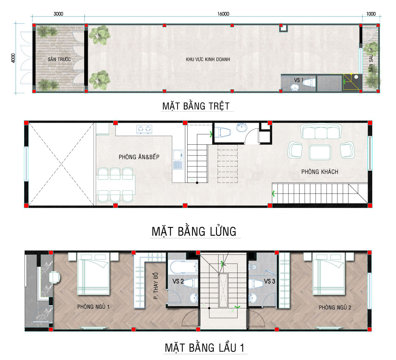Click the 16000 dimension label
[223, 14]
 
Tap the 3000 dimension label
[58, 14]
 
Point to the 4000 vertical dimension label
[13, 58]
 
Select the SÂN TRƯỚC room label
[59, 59]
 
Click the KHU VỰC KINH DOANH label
[208, 59]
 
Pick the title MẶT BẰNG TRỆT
[196, 106]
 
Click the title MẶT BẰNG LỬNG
[194, 231]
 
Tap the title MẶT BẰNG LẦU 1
[204, 348]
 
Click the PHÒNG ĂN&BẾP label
[139, 157]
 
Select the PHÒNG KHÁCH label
[320, 172]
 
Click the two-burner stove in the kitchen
[144, 129]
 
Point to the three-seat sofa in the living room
[321, 131]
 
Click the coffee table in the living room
[320, 152]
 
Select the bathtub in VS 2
[184, 267]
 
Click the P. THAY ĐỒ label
[156, 286]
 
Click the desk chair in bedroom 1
[55, 278]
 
